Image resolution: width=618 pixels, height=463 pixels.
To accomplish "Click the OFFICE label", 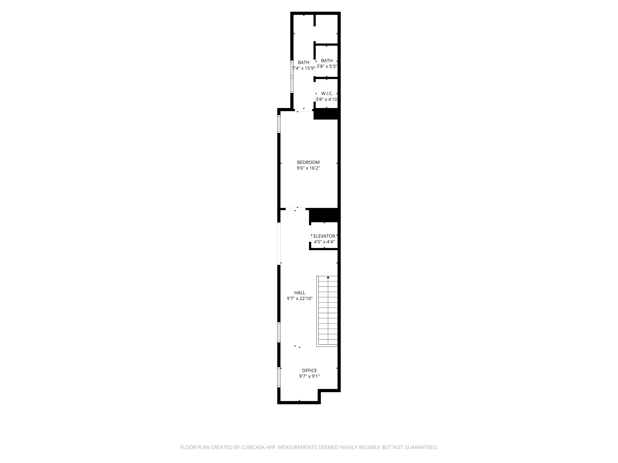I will [x=309, y=370].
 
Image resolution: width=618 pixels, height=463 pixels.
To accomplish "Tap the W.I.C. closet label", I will [x=327, y=94].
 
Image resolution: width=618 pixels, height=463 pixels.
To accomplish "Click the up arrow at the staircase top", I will [x=328, y=277].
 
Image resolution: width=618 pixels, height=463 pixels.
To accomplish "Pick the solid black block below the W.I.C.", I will [x=326, y=114].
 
